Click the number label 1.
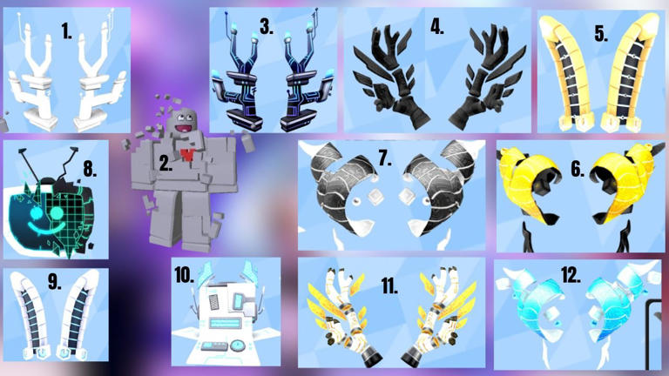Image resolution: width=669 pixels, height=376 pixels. pos(66,31)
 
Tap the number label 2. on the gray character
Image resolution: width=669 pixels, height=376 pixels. pos(166,163)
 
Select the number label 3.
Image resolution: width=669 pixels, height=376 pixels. pos(267,26)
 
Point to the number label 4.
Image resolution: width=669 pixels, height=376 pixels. pos(437,26)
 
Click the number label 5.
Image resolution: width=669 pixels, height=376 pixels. pos(601,33)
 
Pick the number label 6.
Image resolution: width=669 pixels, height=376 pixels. pos(578,169)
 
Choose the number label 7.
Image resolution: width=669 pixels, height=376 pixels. pos(385,158)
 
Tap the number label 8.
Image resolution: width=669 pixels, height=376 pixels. pos(90,169)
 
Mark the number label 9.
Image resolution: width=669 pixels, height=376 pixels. pos(54,281)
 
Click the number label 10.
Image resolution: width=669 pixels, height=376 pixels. pos(185,275)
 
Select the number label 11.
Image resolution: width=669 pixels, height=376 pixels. pos(389,285)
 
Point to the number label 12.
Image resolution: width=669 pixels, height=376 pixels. pos(571,275)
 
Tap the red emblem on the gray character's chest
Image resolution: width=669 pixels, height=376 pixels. pos(187,155)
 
